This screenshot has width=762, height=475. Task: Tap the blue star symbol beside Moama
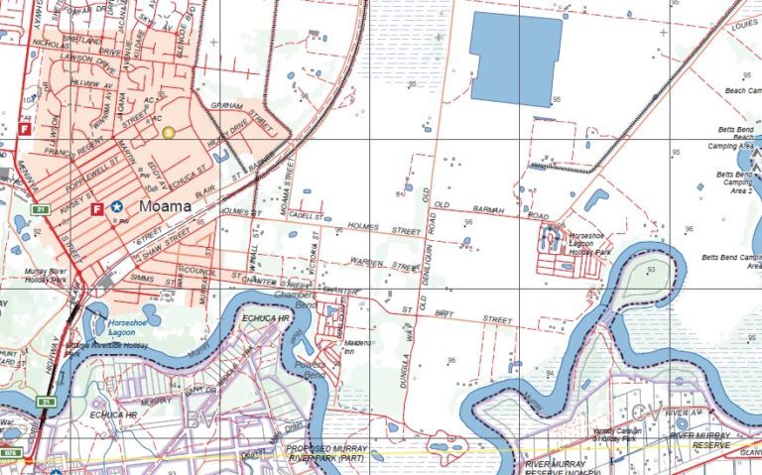[x=118, y=207]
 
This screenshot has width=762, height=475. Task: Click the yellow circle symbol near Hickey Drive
[x=168, y=131]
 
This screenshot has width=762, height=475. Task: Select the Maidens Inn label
[x=357, y=347]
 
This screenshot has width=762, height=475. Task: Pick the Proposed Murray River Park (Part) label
[x=327, y=453]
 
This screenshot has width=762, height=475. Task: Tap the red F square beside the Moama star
[x=97, y=209]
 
